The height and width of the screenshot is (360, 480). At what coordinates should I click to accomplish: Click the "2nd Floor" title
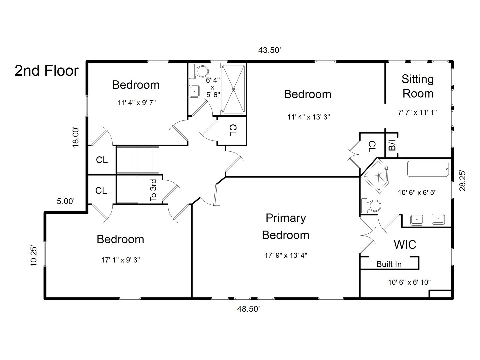pos(47,71)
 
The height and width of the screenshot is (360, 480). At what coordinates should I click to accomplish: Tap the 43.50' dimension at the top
pos(270,50)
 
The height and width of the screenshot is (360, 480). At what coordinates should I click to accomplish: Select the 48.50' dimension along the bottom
pos(248,309)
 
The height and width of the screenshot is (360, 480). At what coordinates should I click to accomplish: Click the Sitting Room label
pos(418,86)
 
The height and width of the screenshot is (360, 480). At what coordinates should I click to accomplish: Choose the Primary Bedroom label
pos(285,226)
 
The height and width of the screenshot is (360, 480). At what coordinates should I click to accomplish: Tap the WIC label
pos(405,244)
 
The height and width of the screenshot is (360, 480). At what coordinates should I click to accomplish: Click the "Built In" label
pos(389,264)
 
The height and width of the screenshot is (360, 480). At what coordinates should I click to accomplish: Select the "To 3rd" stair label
pos(153,190)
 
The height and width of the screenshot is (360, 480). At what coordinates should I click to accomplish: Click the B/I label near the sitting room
pos(392,145)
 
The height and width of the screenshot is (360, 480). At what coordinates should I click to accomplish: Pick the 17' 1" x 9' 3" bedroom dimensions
pos(120,260)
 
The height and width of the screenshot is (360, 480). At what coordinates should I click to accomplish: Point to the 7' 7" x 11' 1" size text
pos(417,112)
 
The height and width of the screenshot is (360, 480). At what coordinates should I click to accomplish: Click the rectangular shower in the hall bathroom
pos(234,89)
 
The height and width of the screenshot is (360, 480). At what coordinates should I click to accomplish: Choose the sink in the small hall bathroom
pos(194,91)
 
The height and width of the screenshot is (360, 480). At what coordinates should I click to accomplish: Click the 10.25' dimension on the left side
pos(34,256)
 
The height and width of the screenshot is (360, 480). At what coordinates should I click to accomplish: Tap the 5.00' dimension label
pos(65,201)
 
